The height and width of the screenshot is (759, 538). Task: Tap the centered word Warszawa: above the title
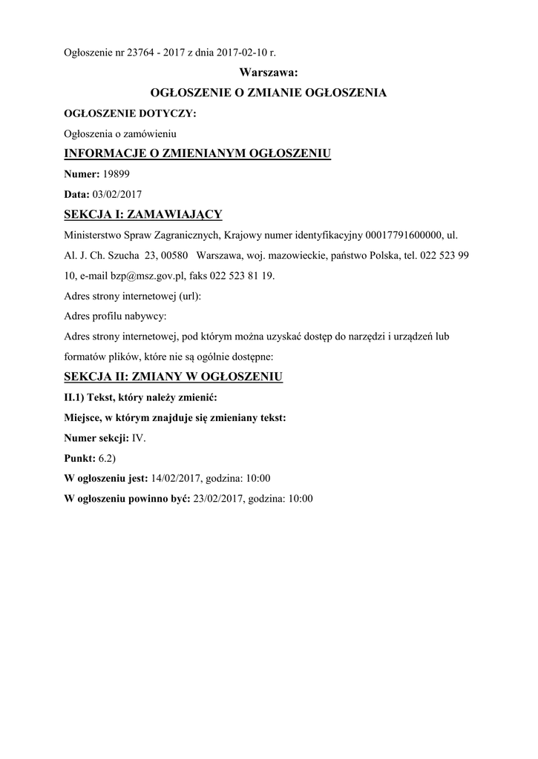coord(269,72)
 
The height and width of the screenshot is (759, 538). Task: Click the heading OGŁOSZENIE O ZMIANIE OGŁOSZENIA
coord(269,93)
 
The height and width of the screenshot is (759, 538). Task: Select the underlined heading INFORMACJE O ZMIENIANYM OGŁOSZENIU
coord(197,154)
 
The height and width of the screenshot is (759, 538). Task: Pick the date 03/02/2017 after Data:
coord(117,194)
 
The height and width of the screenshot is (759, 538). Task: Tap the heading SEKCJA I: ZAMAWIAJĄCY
coord(143,215)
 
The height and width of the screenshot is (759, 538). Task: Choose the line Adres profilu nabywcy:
coord(116,316)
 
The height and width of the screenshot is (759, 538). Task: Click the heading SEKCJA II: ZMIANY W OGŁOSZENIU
coord(174,377)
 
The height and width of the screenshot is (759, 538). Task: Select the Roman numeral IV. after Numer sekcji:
coord(139,438)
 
